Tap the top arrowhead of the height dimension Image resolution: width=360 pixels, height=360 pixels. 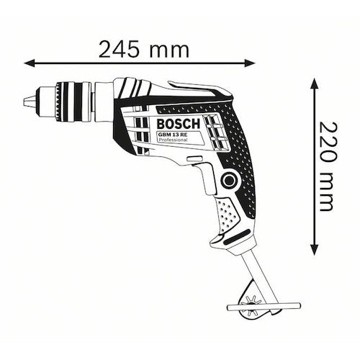pyautogui.click(x=315, y=81)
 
